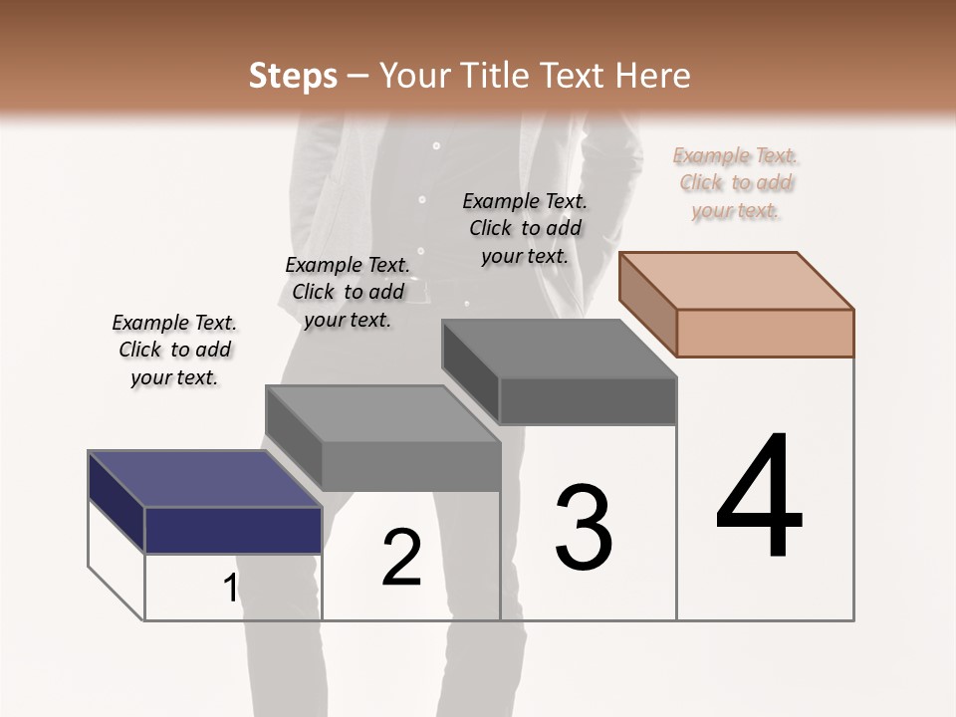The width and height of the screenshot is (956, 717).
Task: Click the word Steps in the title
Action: pyautogui.click(x=293, y=76)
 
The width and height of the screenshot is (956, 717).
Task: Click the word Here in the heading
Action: pyautogui.click(x=653, y=76)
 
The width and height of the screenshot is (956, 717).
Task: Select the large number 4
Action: pyautogui.click(x=760, y=497)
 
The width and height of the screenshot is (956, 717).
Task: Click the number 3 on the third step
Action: pyautogui.click(x=584, y=528)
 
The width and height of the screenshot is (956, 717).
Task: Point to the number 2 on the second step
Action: pyautogui.click(x=401, y=558)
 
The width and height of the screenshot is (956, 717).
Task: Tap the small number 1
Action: pyautogui.click(x=230, y=589)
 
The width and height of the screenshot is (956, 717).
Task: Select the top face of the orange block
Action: pyautogui.click(x=737, y=280)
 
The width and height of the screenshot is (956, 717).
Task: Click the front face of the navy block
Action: pyautogui.click(x=233, y=530)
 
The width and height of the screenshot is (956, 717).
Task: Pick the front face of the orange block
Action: pyautogui.click(x=765, y=333)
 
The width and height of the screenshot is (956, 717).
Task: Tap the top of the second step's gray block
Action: pyautogui.click(x=383, y=413)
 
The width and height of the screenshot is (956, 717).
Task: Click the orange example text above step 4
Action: pyautogui.click(x=735, y=183)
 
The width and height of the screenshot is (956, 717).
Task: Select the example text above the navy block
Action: pyautogui.click(x=174, y=350)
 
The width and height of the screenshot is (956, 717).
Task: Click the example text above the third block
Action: pyautogui.click(x=525, y=228)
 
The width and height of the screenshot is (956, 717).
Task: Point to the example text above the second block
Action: pyautogui.click(x=348, y=292)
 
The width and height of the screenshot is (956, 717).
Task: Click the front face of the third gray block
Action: pyautogui.click(x=588, y=401)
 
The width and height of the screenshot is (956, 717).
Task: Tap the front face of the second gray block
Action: pyautogui.click(x=410, y=466)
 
